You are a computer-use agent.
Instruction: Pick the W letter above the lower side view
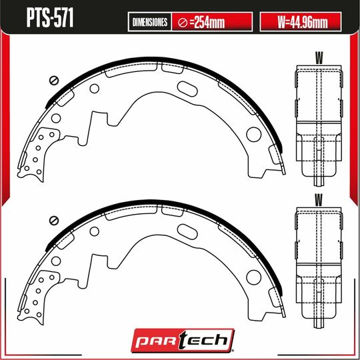click(x=319, y=198)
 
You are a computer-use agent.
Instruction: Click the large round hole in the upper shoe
click(x=253, y=134)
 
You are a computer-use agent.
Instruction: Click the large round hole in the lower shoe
click(x=253, y=274)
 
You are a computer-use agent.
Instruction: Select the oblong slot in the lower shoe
click(x=188, y=228)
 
